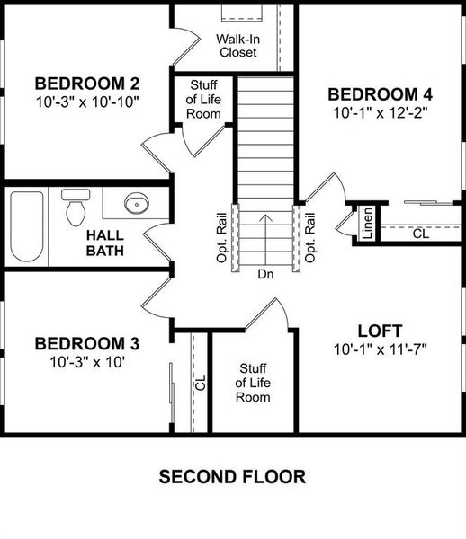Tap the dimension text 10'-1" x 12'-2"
(x=381, y=113)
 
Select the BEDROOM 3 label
(x=86, y=343)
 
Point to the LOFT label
(x=380, y=330)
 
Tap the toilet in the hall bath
(x=74, y=209)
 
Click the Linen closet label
(x=367, y=224)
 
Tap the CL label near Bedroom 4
(x=420, y=234)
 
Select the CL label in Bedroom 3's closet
(x=200, y=383)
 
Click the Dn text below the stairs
(x=265, y=273)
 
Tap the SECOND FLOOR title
(x=233, y=476)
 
